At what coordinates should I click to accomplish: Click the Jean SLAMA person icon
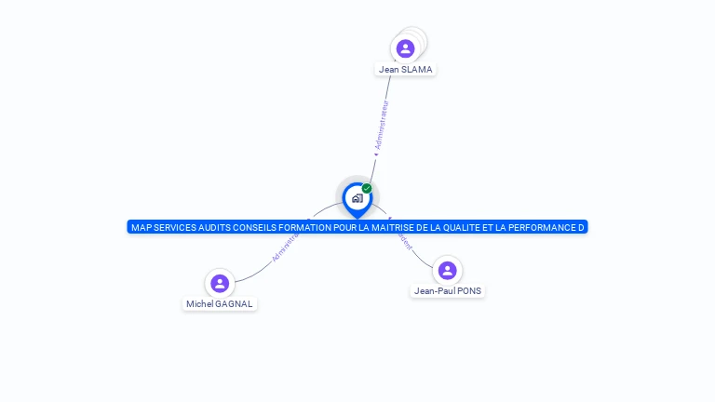pos(405,48)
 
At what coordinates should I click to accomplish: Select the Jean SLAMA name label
pos(405,70)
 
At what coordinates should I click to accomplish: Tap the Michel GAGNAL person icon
pos(220,283)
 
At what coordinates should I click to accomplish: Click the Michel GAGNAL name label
pos(220,304)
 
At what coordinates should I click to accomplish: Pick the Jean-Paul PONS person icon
pos(447,270)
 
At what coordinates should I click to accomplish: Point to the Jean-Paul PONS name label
pos(448,291)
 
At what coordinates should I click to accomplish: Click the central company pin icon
pos(357,198)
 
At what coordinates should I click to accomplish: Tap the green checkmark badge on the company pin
pos(367,188)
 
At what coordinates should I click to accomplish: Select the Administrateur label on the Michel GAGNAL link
pos(285,247)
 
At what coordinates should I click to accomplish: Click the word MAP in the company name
pos(140,227)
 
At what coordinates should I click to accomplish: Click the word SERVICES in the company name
pos(174,227)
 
